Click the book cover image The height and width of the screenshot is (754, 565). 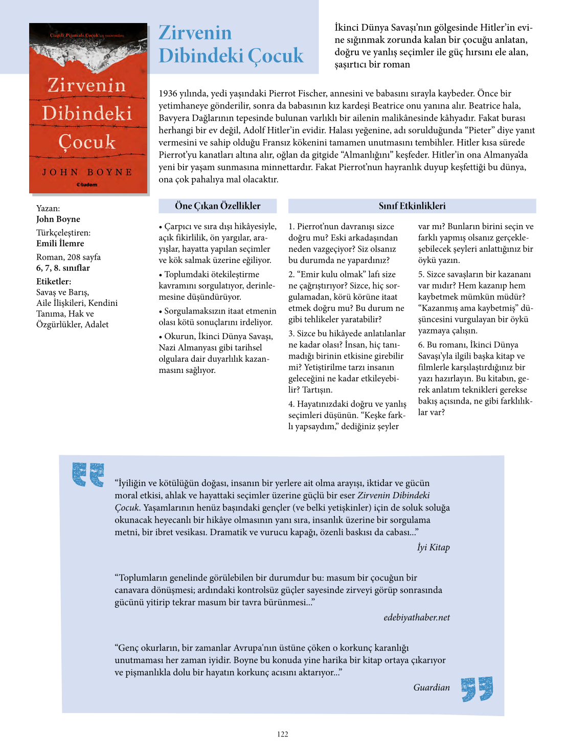(88, 108)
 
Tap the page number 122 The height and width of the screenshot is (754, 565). (283, 734)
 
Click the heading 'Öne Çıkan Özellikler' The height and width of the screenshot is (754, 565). (217, 206)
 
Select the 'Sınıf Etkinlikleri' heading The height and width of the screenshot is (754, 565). (412, 206)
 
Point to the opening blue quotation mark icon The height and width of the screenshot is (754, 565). (88, 474)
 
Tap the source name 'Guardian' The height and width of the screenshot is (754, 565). (432, 688)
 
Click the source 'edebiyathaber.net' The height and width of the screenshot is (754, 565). (417, 617)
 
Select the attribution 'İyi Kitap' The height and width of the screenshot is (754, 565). (433, 547)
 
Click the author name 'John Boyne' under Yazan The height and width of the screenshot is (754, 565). (58, 219)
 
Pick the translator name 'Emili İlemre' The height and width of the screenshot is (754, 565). (60, 243)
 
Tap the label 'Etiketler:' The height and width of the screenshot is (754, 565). (54, 281)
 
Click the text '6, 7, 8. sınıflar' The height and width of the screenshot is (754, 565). (63, 268)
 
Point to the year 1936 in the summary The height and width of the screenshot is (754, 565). (168, 94)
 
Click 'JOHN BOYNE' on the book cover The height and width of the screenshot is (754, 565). (87, 172)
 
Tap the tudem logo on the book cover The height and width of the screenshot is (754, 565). (87, 185)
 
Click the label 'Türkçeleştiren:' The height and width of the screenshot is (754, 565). (63, 233)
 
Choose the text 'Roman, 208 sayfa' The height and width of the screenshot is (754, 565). (69, 257)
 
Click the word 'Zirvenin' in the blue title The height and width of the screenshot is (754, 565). (195, 33)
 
